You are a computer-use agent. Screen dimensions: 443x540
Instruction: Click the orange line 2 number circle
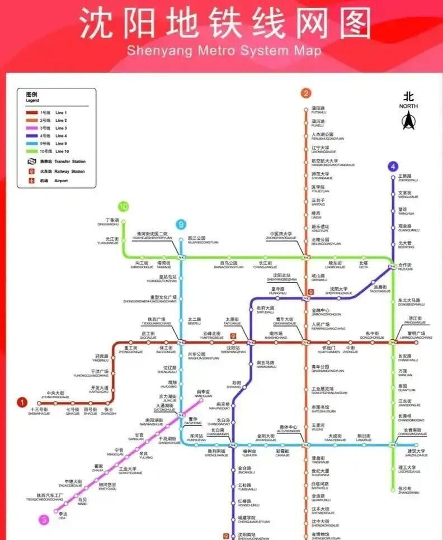click(x=305, y=93)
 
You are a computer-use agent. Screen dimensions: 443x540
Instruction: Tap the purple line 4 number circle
click(x=394, y=166)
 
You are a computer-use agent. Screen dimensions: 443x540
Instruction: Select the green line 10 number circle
click(x=123, y=207)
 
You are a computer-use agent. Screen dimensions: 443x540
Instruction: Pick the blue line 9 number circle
click(x=181, y=225)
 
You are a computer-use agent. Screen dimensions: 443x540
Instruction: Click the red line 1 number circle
click(x=22, y=402)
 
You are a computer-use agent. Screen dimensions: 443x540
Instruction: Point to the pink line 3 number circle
click(x=44, y=519)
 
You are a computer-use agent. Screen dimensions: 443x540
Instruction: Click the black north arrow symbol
click(x=408, y=119)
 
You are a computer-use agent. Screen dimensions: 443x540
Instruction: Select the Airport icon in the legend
click(x=31, y=181)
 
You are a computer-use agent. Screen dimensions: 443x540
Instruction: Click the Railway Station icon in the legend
click(x=31, y=171)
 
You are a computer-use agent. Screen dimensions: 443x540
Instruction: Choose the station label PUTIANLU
click(x=318, y=112)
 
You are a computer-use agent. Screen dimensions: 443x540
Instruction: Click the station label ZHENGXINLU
click(x=408, y=180)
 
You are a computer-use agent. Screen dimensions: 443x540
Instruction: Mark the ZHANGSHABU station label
click(x=408, y=492)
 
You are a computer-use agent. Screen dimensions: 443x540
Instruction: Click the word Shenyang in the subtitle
click(x=158, y=51)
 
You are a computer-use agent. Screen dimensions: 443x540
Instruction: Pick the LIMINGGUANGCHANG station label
click(x=416, y=338)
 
